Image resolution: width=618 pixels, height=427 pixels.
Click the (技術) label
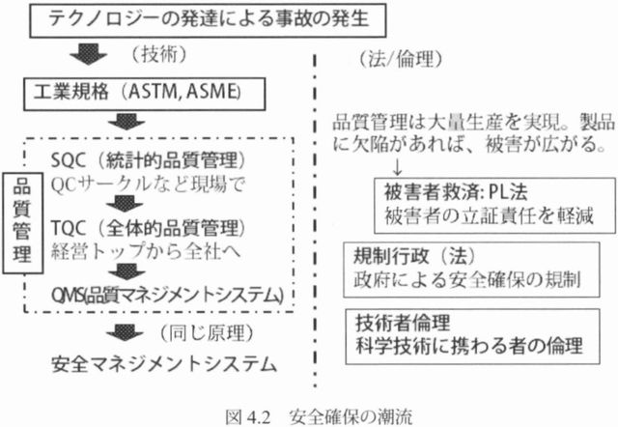[158, 54]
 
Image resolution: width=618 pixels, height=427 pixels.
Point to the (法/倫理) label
[401, 60]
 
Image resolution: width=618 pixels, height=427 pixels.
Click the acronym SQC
[69, 160]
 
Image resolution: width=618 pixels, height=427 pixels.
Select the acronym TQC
[69, 228]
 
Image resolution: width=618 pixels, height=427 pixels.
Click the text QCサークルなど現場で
[148, 185]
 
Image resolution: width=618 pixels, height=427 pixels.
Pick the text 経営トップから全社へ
[146, 252]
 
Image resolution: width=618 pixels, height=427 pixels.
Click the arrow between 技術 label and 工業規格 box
[88, 54]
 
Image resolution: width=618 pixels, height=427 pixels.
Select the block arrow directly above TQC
[125, 204]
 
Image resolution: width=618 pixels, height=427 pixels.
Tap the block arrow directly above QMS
[126, 271]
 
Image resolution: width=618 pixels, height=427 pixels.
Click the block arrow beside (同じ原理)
[125, 332]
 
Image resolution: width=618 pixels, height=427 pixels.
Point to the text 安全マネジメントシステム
[164, 365]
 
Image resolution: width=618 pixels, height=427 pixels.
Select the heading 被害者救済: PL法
[456, 192]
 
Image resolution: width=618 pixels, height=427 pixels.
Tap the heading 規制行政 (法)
[414, 257]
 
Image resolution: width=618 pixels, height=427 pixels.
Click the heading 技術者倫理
[403, 323]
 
